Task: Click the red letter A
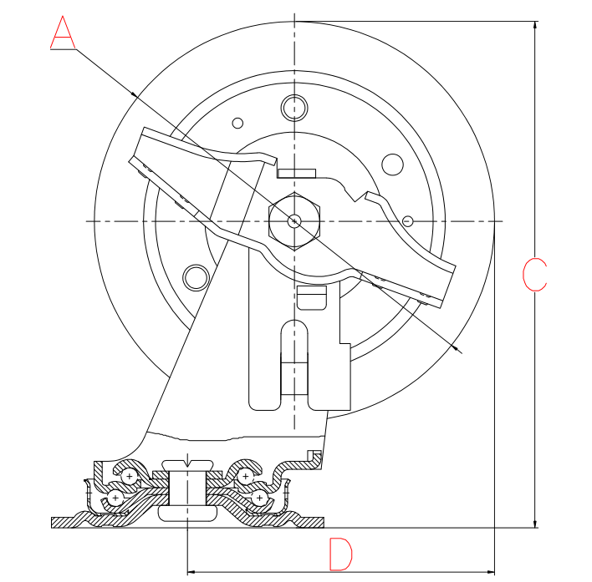(x=63, y=33)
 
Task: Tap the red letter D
(x=340, y=554)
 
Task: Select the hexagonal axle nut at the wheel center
(x=294, y=221)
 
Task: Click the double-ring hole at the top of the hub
(x=294, y=108)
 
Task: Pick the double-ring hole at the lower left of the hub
(x=196, y=278)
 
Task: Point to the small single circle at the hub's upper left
(x=237, y=123)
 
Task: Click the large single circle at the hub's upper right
(x=393, y=164)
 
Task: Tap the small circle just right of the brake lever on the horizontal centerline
(x=408, y=221)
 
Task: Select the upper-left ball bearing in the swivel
(x=129, y=477)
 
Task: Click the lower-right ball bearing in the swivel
(x=259, y=498)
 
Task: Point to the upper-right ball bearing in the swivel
(x=245, y=477)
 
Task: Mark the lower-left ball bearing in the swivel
(x=115, y=498)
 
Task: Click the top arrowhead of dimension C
(x=534, y=25)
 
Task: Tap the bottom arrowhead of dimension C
(x=534, y=524)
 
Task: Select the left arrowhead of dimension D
(x=191, y=572)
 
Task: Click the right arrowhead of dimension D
(x=490, y=572)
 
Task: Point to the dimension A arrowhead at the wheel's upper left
(x=134, y=94)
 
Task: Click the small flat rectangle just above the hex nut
(x=296, y=174)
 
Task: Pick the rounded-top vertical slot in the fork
(x=294, y=357)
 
